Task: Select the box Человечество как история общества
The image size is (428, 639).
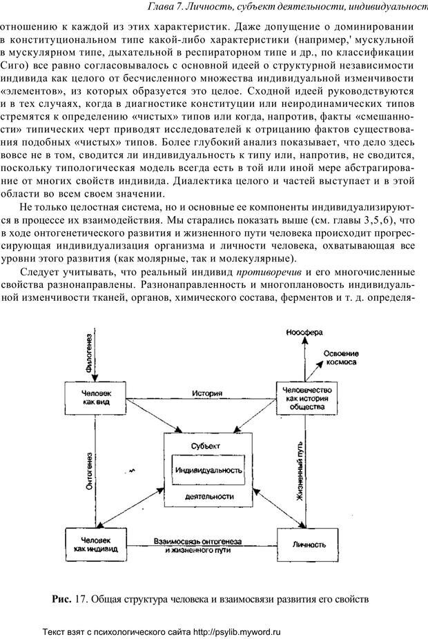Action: coord(304,398)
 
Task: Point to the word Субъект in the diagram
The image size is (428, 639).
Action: coord(207,446)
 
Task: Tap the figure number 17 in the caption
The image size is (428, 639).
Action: coord(79,598)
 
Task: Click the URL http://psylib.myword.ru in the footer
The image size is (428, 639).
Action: coord(233,631)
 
